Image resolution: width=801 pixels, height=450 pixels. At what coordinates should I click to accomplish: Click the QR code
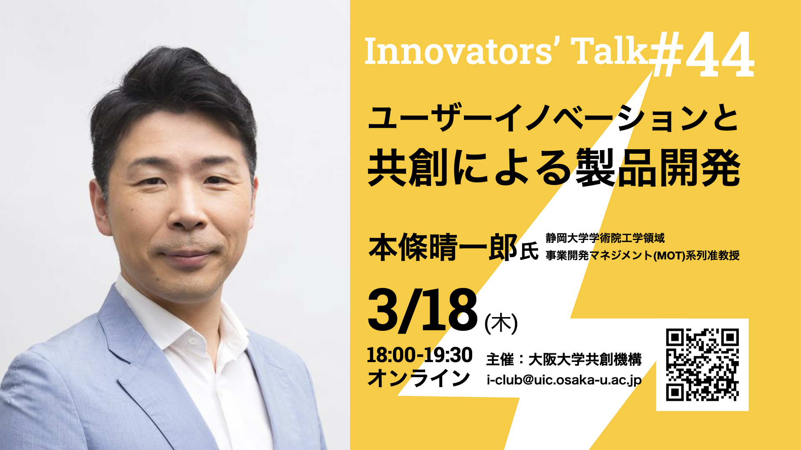click(x=702, y=365)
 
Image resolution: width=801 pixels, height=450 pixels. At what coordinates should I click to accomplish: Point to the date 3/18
click(x=423, y=310)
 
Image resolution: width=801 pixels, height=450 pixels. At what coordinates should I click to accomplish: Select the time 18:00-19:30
click(x=419, y=355)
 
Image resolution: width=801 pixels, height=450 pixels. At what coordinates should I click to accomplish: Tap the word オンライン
click(x=418, y=378)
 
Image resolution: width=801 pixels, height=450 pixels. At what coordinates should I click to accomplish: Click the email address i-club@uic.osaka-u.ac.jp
click(x=564, y=380)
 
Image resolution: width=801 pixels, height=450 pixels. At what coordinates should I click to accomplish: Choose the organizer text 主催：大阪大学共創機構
click(x=564, y=359)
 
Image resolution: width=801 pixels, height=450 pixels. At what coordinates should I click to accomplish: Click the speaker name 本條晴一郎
click(x=443, y=247)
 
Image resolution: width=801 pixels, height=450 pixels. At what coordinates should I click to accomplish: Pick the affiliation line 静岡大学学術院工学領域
click(x=605, y=238)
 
